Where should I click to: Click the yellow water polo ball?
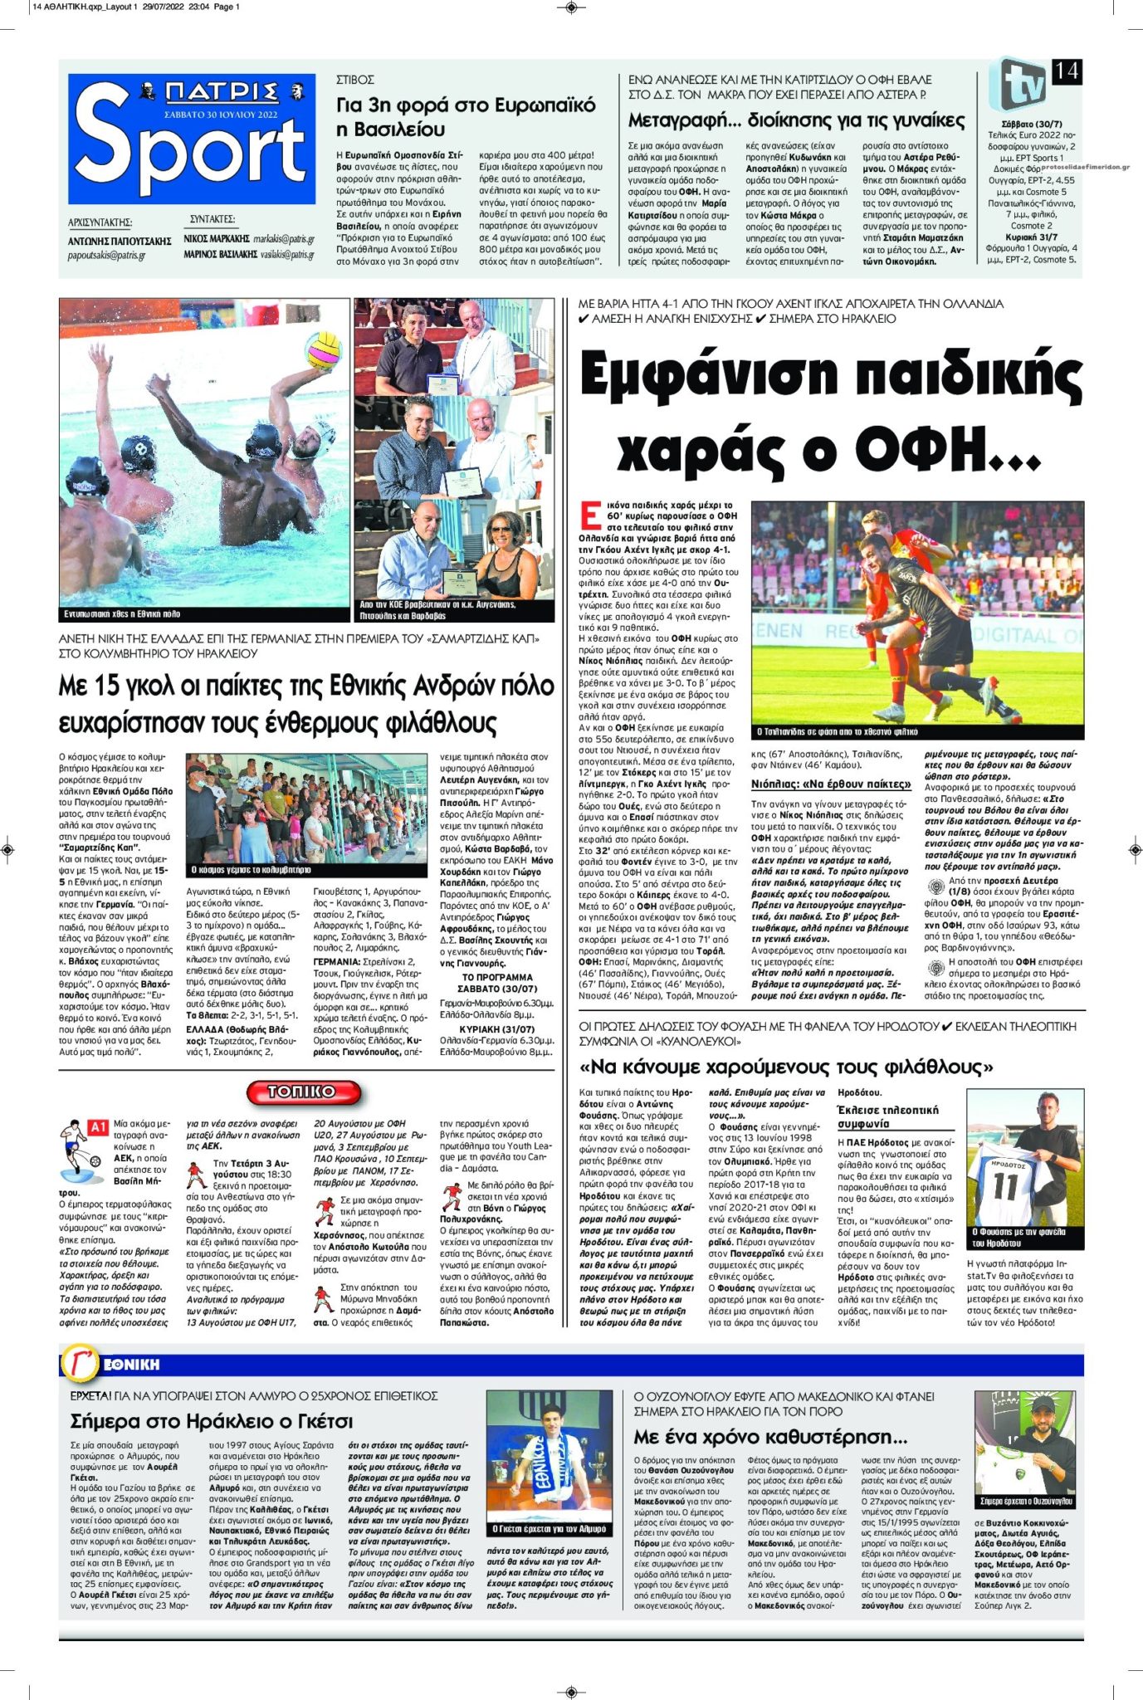coord(324,351)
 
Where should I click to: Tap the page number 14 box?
coord(1067,72)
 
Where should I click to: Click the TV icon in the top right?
coord(1018,83)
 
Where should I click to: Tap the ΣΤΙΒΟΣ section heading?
coord(355,80)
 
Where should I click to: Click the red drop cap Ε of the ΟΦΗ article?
coord(589,515)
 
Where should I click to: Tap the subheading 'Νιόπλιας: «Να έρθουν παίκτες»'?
coord(831,784)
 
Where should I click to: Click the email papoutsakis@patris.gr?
coord(106,256)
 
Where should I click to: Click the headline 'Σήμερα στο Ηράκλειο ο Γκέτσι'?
coord(212,1420)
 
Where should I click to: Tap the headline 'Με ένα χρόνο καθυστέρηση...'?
coord(770,1436)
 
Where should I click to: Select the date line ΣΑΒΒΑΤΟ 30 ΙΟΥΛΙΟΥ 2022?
coord(221,115)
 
